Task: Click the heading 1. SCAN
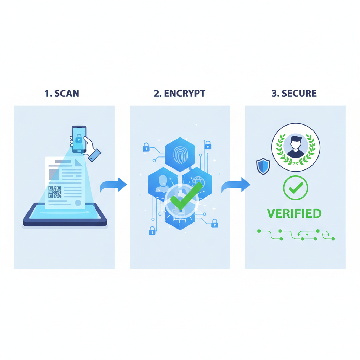[x=62, y=93]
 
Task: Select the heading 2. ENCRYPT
[x=179, y=93]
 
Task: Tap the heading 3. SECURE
[x=294, y=93]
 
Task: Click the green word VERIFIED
[x=294, y=213]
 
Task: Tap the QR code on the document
[x=55, y=192]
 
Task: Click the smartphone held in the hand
[x=79, y=139]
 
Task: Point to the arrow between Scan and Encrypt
[x=114, y=185]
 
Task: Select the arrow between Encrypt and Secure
[x=236, y=185]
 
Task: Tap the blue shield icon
[x=263, y=166]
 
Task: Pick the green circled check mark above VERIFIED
[x=295, y=188]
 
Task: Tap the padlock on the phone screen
[x=78, y=139]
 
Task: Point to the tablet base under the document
[x=65, y=218]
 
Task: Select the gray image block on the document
[x=54, y=174]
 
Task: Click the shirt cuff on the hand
[x=95, y=155]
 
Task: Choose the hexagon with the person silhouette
[x=162, y=181]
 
